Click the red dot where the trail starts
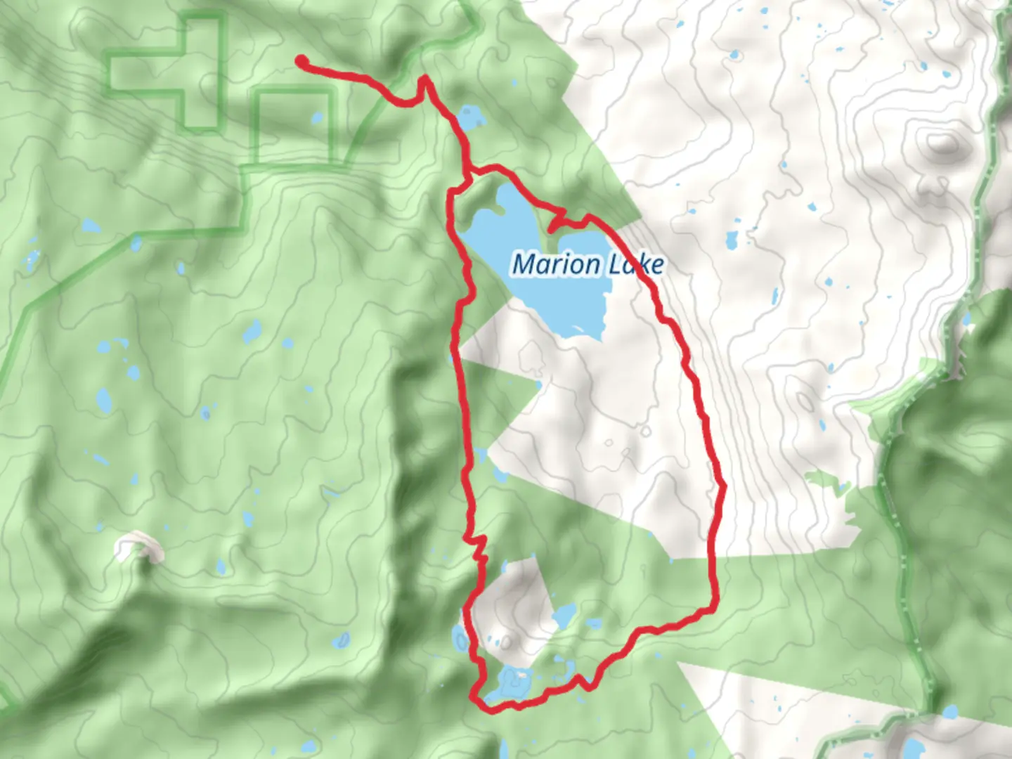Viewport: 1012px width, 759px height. pyautogui.click(x=301, y=61)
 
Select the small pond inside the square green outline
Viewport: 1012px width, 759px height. pyautogui.click(x=317, y=117)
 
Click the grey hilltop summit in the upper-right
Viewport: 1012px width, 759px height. pyautogui.click(x=945, y=144)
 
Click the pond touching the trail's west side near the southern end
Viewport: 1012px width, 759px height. pyautogui.click(x=460, y=639)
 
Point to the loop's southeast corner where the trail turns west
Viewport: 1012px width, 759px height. pyautogui.click(x=714, y=606)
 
